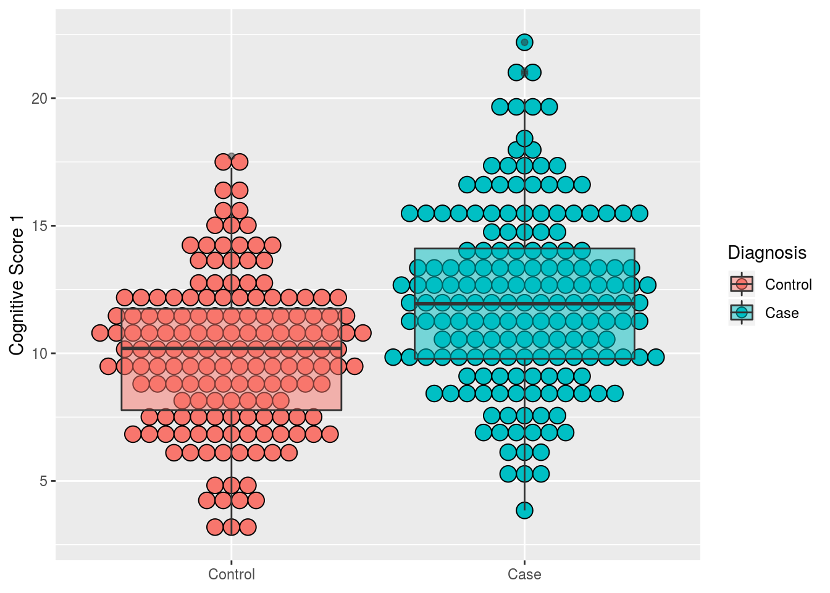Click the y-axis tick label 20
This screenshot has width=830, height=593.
(x=40, y=99)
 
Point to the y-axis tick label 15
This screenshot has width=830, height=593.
(x=40, y=226)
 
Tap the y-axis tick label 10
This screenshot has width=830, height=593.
(x=40, y=354)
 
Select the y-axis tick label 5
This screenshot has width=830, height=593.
(x=43, y=481)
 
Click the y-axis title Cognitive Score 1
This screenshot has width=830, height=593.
(x=17, y=285)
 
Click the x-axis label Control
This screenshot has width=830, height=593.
(x=232, y=575)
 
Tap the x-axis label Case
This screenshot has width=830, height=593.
(x=524, y=575)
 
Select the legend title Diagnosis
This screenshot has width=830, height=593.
(x=767, y=253)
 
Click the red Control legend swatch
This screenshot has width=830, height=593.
(x=742, y=284)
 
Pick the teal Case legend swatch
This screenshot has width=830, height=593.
(x=742, y=313)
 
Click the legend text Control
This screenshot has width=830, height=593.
(x=788, y=285)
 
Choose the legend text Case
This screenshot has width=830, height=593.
(x=782, y=313)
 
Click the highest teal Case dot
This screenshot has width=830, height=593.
(x=524, y=42)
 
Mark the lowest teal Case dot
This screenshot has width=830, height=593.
(x=524, y=510)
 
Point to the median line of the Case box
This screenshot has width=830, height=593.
(x=469, y=304)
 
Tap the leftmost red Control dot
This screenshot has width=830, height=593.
(x=100, y=333)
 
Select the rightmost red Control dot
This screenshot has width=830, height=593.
(x=363, y=333)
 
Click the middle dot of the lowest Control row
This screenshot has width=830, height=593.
(x=232, y=527)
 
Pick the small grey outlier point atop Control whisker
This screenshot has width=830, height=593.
(x=232, y=156)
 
